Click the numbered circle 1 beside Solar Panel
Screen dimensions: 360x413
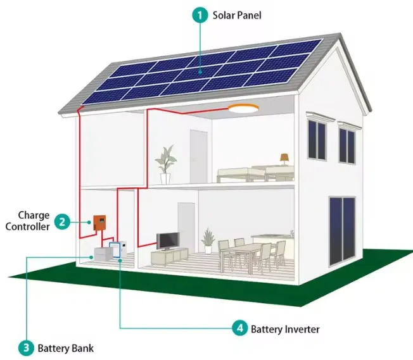pos(200,14)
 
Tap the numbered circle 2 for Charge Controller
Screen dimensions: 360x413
pos(62,221)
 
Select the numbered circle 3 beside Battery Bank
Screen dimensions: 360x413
pos(26,347)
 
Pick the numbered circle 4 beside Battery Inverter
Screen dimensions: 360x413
pos(239,328)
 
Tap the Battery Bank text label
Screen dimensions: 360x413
pos(65,347)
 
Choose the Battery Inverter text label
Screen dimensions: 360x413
pos(285,329)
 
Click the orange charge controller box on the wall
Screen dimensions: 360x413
pos(99,221)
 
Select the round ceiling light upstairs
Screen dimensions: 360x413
pos(244,109)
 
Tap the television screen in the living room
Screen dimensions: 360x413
pos(168,241)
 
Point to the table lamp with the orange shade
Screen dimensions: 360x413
pos(284,159)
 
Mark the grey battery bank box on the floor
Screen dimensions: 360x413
pos(103,255)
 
